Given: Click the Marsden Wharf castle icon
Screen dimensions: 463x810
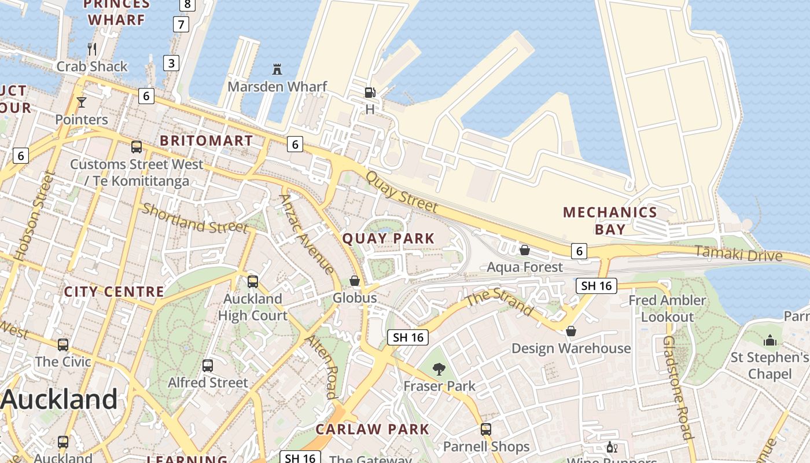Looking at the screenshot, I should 277,69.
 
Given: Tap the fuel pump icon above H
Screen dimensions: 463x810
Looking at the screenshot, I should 370,92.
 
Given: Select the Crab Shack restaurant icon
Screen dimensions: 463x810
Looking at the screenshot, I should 92,49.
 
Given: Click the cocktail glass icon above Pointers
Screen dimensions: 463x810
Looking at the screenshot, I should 82,102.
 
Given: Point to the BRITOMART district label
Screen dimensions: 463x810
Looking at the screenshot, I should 207,141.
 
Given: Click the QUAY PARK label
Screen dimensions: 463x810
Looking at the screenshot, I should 388,238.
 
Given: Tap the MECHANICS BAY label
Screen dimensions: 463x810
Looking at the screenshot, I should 610,221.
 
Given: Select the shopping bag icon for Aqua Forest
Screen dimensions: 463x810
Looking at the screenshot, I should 525,250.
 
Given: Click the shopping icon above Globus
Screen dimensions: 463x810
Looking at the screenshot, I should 355,281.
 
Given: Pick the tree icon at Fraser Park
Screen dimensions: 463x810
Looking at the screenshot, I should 439,369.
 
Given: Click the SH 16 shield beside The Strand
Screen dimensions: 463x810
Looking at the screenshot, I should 596,285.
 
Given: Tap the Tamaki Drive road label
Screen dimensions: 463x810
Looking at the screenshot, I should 738,253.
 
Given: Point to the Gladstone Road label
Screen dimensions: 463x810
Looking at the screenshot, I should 678,388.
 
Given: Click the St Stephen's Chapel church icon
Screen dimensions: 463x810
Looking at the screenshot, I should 770,340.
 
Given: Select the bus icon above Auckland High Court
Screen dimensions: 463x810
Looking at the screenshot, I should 253,282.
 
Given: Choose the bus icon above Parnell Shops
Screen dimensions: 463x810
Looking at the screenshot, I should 486,429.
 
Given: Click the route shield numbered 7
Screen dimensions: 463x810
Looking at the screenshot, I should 181,24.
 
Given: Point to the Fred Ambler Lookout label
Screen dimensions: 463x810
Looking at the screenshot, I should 667,308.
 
